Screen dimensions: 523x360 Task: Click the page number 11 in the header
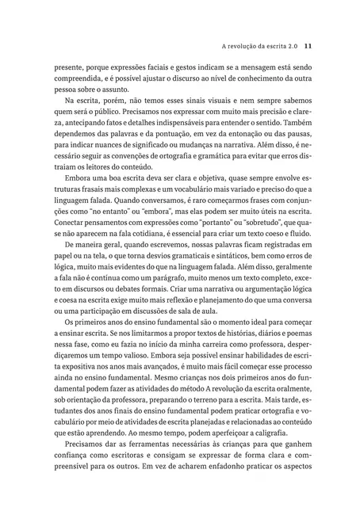pos(310,45)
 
